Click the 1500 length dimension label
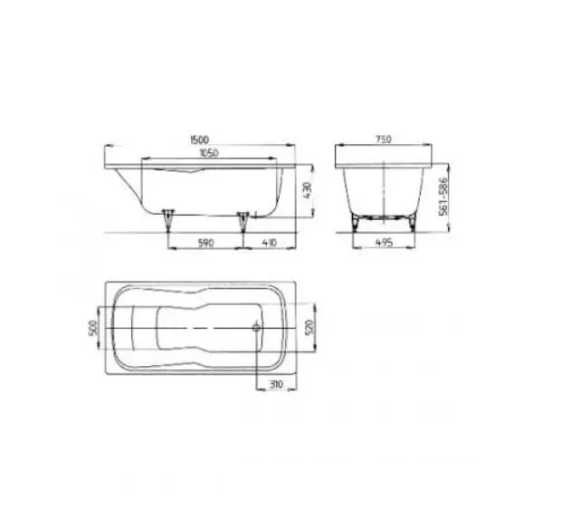199,139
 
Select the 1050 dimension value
209,153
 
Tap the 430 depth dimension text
308,191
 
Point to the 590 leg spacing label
205,243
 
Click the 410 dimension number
269,243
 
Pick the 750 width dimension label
383,139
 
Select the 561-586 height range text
443,196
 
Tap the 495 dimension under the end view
384,243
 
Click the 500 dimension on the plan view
92,328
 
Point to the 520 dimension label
309,327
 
